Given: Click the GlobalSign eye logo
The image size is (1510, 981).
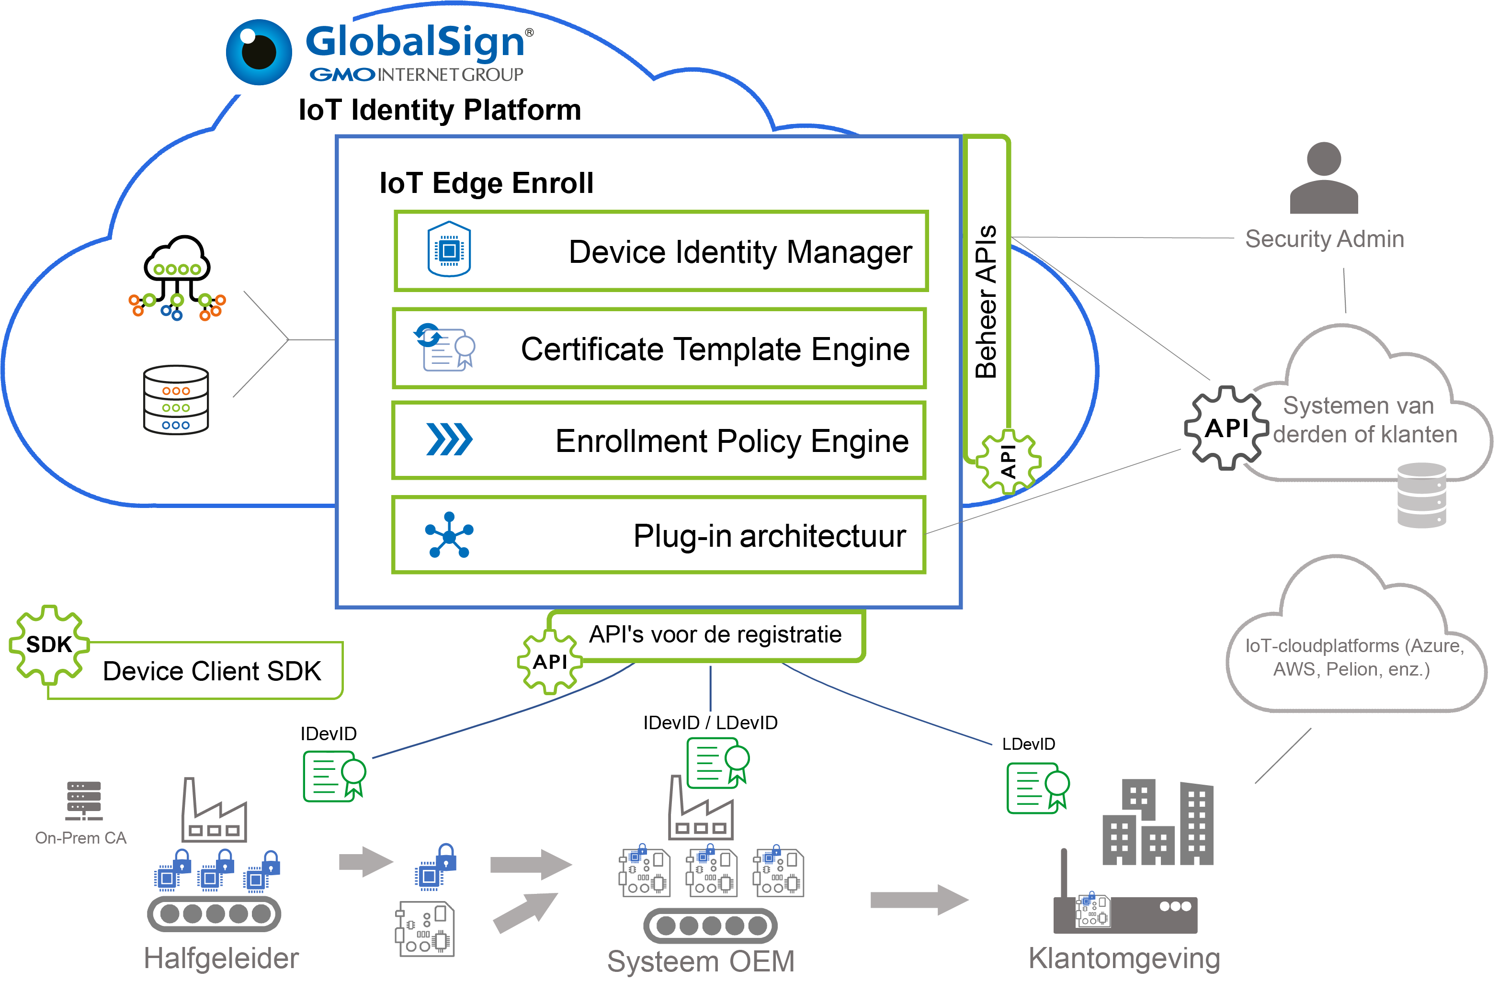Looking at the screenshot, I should tap(259, 52).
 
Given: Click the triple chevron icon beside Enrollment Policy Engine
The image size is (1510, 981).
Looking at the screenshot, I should tap(449, 440).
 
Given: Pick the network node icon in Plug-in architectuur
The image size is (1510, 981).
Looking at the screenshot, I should tap(449, 535).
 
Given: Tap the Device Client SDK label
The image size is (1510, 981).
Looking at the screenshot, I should tap(212, 671).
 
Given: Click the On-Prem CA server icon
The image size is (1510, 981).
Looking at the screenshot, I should tap(84, 801).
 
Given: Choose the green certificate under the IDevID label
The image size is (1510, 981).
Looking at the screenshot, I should tap(334, 776).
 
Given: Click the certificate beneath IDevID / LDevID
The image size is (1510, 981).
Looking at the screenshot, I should tap(717, 763).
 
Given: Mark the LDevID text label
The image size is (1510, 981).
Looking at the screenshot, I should tap(1028, 744).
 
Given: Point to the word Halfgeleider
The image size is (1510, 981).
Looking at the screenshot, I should tap(221, 958).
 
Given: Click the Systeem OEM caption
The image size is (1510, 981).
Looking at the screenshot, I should tap(701, 961).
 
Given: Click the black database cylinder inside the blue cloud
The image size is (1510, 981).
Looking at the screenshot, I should tap(176, 399).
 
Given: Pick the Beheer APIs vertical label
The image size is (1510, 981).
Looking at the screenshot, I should tap(986, 301).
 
